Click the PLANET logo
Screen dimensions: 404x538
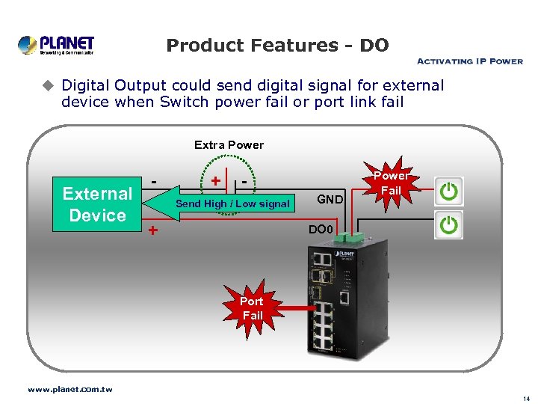pyautogui.click(x=56, y=44)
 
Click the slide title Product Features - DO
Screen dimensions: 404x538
pyautogui.click(x=277, y=46)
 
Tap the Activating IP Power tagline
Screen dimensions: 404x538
pyautogui.click(x=469, y=61)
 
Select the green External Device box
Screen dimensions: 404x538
pyautogui.click(x=97, y=204)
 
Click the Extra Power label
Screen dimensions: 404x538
pyautogui.click(x=229, y=144)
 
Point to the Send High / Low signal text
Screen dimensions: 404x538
pyautogui.click(x=232, y=203)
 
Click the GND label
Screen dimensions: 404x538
pyautogui.click(x=330, y=199)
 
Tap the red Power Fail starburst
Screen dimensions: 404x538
pyautogui.click(x=391, y=184)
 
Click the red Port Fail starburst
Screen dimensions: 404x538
pyautogui.click(x=253, y=308)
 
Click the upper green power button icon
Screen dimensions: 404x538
pyautogui.click(x=448, y=191)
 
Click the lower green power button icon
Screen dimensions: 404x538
pyautogui.click(x=448, y=225)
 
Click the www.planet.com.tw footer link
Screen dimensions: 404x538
pyautogui.click(x=69, y=389)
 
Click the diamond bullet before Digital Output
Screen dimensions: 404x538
pyautogui.click(x=49, y=86)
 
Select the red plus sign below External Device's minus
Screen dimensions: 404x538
pyautogui.click(x=152, y=230)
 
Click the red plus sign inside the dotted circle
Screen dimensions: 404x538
pyautogui.click(x=215, y=181)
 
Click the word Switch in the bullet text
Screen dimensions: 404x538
pyautogui.click(x=183, y=102)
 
